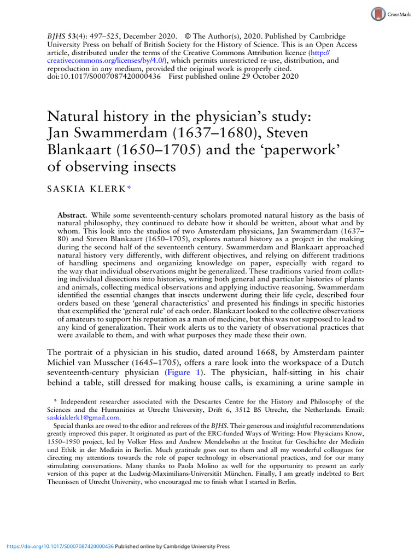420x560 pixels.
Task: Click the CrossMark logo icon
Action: tap(378, 14)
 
